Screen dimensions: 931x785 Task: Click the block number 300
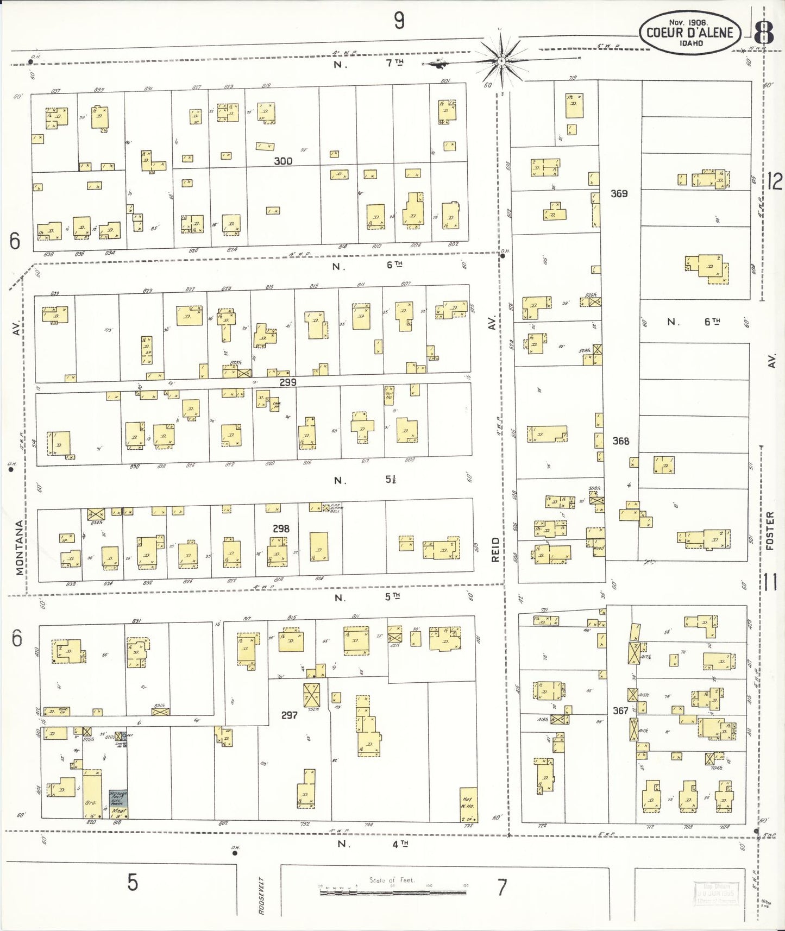click(x=283, y=161)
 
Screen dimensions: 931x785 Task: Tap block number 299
click(x=287, y=382)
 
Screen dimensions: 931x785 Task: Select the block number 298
click(x=281, y=528)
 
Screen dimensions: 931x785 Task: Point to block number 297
click(x=289, y=715)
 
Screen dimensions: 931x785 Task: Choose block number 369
click(x=619, y=193)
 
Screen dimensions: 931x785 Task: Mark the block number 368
click(x=620, y=441)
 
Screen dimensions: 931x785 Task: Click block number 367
click(x=620, y=710)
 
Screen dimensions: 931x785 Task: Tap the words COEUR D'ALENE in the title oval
click(x=689, y=33)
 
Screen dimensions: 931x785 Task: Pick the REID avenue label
click(x=494, y=549)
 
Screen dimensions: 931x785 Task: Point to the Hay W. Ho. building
click(x=468, y=804)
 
